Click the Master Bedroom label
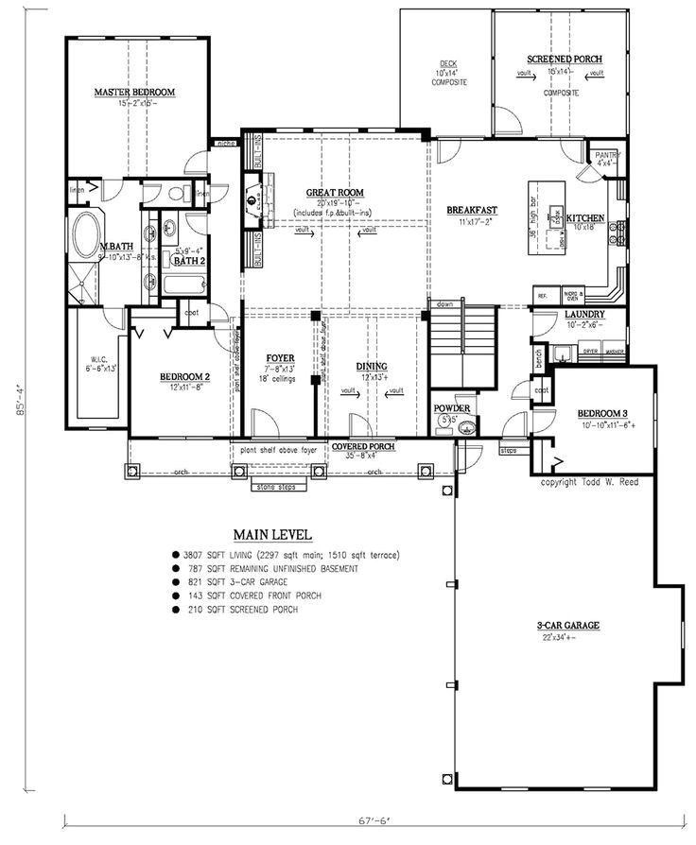click(135, 92)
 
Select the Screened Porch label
click(564, 60)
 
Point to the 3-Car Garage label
click(568, 626)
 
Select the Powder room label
click(452, 408)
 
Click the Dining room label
click(370, 366)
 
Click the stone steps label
click(274, 488)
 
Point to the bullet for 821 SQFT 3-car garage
click(176, 582)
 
